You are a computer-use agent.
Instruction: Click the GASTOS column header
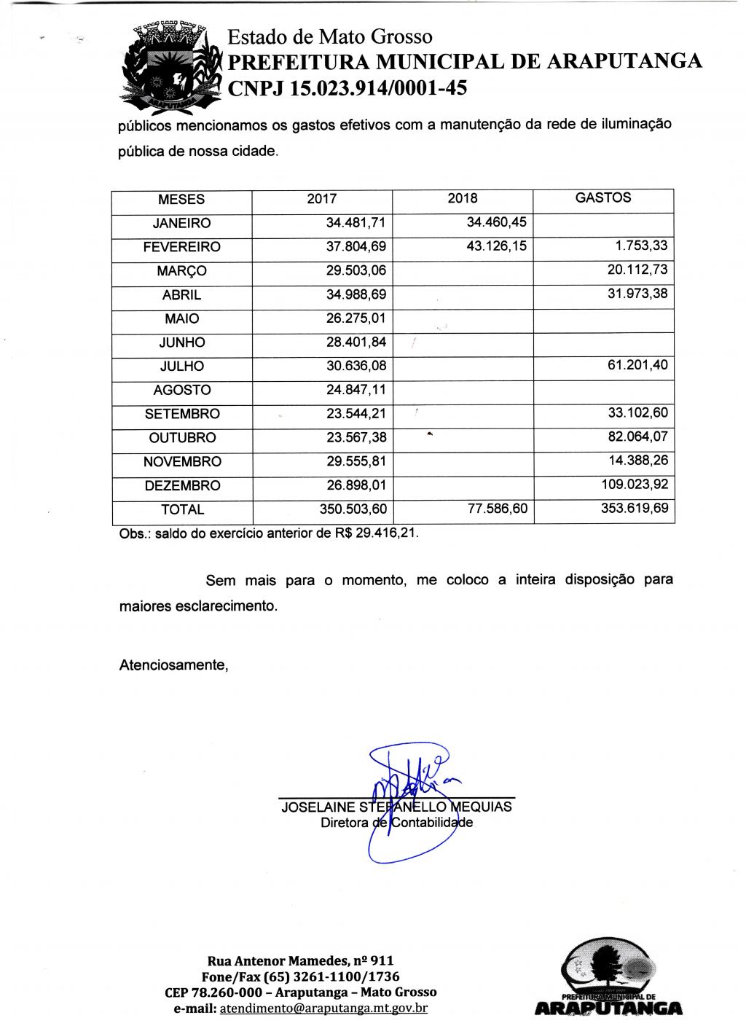[603, 197]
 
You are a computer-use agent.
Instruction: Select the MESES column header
[181, 200]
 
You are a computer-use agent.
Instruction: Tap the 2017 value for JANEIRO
[356, 223]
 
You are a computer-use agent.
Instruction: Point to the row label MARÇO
[181, 271]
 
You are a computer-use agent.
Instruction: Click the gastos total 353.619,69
[634, 509]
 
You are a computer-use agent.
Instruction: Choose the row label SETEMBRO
[181, 414]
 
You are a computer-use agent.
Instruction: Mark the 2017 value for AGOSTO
[356, 390]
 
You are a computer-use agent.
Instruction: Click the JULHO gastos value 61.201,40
[637, 365]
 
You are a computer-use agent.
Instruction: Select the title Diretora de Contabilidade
[397, 823]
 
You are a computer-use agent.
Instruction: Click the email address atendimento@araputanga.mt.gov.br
[323, 1009]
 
